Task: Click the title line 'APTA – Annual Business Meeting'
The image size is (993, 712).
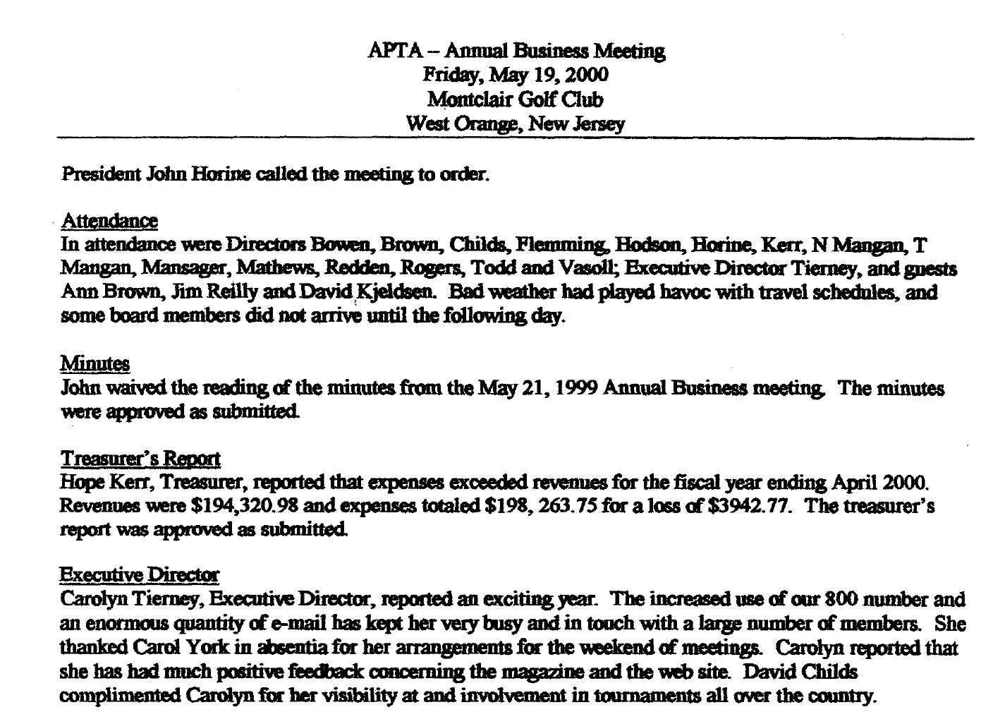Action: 516,51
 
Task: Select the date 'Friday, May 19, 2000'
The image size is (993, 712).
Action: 516,75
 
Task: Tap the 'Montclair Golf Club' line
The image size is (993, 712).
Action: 516,99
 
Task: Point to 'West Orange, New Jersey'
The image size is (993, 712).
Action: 516,124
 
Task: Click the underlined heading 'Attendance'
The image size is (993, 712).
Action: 109,221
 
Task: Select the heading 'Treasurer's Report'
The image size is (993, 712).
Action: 141,459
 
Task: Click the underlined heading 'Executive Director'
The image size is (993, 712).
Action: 140,575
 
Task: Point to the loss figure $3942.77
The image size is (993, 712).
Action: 746,507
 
